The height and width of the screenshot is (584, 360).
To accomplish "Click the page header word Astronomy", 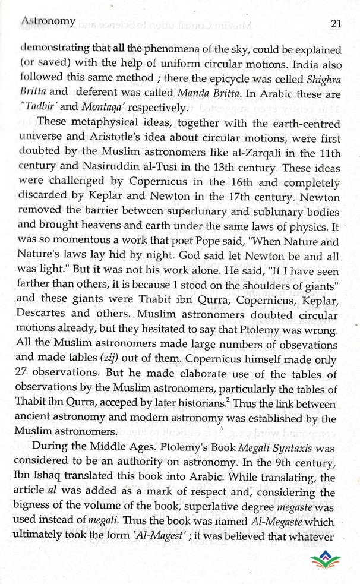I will click(x=48, y=21).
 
